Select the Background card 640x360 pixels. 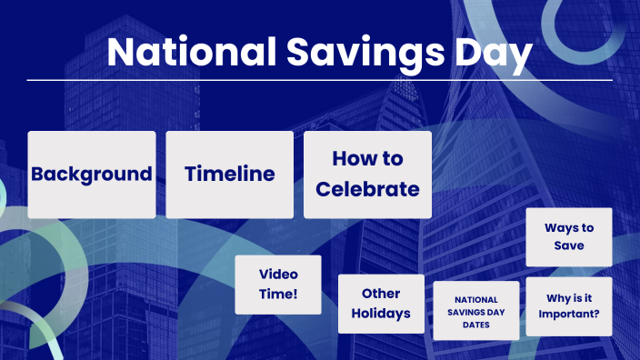(x=91, y=175)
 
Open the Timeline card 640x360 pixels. (x=229, y=175)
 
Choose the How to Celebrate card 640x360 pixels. (x=367, y=175)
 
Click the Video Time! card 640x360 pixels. (x=278, y=284)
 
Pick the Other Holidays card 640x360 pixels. (x=381, y=304)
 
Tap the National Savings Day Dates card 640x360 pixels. (x=476, y=311)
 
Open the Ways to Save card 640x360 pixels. (x=569, y=236)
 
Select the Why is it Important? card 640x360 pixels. (x=569, y=307)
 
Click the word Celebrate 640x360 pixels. (x=367, y=189)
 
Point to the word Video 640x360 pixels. (x=278, y=274)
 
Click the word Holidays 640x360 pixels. (x=381, y=314)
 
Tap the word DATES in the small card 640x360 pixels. (x=476, y=325)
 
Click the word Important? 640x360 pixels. (x=569, y=316)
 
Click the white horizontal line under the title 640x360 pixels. (x=319, y=80)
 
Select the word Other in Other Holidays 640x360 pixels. (x=381, y=294)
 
